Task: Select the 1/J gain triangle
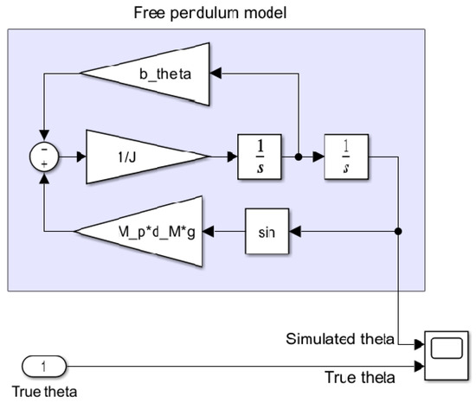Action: (143, 158)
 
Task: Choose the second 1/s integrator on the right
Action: (344, 158)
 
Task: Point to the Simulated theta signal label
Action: (339, 338)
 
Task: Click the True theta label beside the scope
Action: (360, 378)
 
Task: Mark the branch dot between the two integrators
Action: (297, 158)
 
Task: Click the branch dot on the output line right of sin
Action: (398, 232)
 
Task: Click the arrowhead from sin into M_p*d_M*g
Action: (215, 232)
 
